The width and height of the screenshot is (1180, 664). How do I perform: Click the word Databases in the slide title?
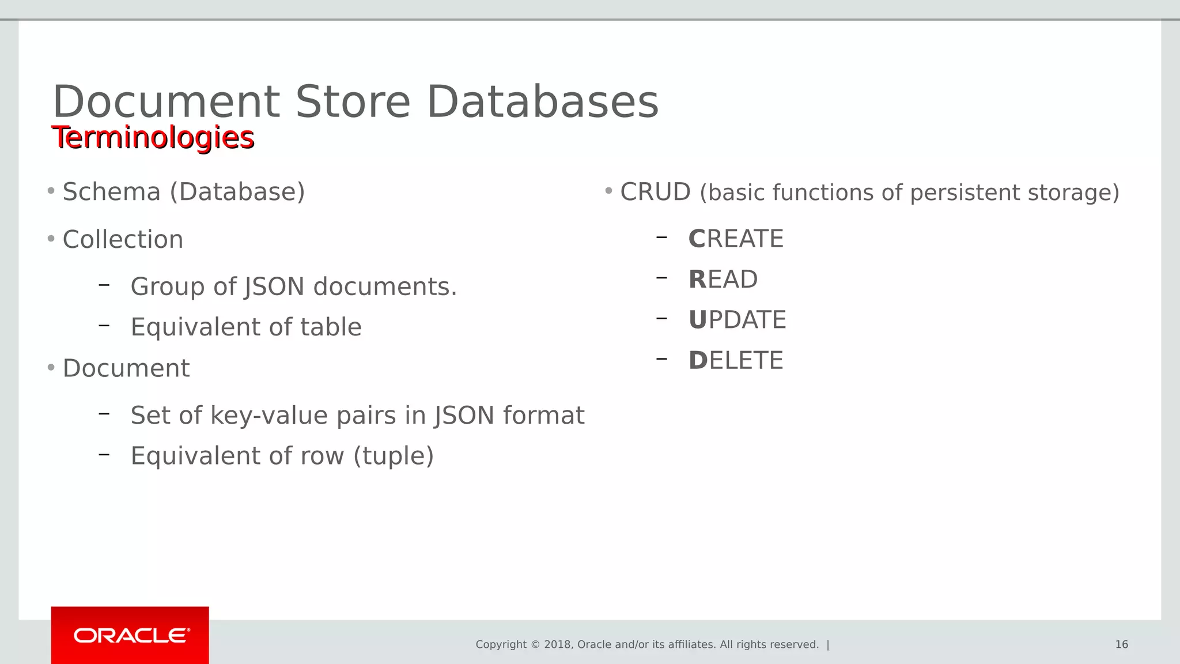coord(542,102)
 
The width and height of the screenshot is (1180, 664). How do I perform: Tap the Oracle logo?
coord(131,636)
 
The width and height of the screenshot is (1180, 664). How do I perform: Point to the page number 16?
coord(1121,644)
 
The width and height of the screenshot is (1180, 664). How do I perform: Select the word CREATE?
coord(736,239)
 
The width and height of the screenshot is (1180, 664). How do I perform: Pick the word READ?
coord(723,280)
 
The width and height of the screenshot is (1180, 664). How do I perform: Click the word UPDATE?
coord(737,320)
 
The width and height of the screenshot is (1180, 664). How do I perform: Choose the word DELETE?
coord(736,361)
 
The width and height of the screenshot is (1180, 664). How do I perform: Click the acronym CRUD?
coord(655,192)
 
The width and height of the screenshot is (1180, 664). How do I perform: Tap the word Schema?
coord(111,192)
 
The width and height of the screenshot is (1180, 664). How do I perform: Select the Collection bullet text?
coord(123,239)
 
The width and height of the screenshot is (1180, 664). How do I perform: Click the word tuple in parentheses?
coord(394,456)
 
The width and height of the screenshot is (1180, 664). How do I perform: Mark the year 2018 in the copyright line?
coord(557,644)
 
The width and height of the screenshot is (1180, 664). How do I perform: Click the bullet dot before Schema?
coord(51,191)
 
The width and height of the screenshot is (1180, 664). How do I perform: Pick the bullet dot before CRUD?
coord(608,191)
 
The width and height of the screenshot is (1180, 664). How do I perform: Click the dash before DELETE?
coord(661,359)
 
